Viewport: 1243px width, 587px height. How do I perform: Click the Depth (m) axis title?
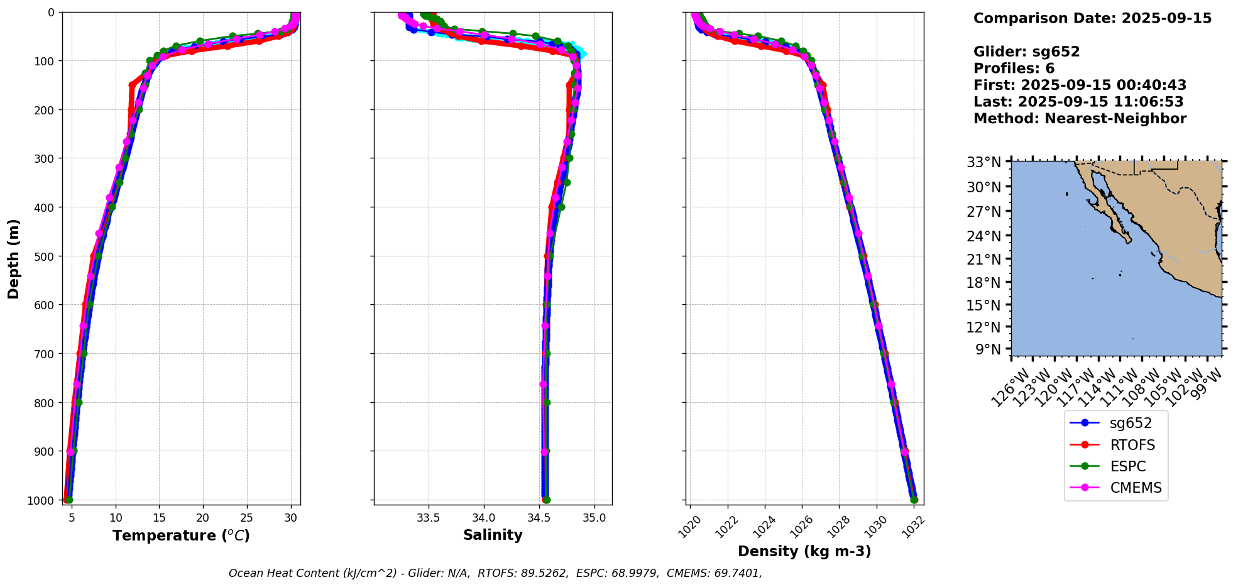coord(14,258)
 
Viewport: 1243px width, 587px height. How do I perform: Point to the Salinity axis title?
coord(493,535)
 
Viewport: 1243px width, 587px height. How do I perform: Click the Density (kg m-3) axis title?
coord(804,551)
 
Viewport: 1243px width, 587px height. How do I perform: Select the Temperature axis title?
coord(181,535)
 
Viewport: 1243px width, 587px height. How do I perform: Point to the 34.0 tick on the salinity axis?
coord(483,518)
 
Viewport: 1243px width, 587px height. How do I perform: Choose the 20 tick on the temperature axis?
coord(203,518)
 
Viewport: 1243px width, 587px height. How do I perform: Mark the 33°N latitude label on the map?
coord(983,162)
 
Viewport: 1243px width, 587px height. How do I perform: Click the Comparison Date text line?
coord(1092,18)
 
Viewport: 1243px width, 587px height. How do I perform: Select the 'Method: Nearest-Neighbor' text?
coord(1080,118)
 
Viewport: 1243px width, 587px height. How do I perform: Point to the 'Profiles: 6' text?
coord(1014,69)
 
